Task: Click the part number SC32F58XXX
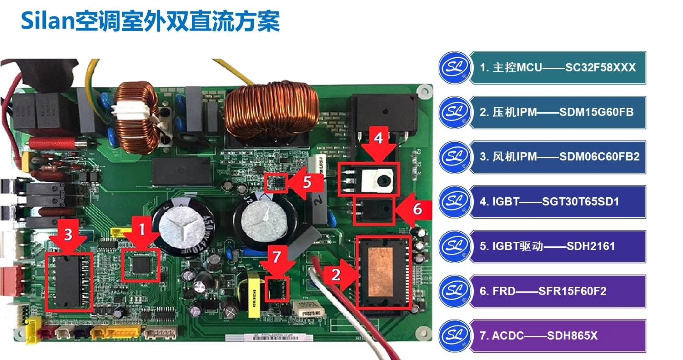[600, 68]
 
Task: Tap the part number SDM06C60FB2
[599, 157]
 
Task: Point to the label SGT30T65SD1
[581, 201]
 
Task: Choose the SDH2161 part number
[591, 246]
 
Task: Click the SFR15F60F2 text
[572, 291]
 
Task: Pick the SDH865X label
[572, 336]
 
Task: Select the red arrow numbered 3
[68, 238]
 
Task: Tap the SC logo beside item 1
[454, 68]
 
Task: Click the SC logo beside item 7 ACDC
[454, 336]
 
